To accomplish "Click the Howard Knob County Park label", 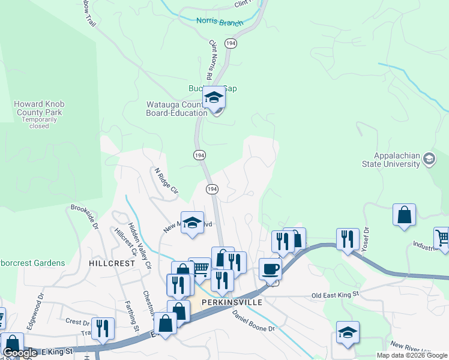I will pyautogui.click(x=38, y=108).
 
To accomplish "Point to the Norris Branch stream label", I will pyautogui.click(x=220, y=22).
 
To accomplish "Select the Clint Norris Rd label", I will pyautogui.click(x=211, y=60).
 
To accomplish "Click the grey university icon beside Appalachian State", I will pyautogui.click(x=429, y=159).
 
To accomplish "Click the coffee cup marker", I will pyautogui.click(x=270, y=269).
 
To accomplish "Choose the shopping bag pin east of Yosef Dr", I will pyautogui.click(x=405, y=215).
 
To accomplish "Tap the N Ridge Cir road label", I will pyautogui.click(x=167, y=182).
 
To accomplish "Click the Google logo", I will pyautogui.click(x=20, y=353).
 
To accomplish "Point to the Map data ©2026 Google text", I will pyautogui.click(x=411, y=355).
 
